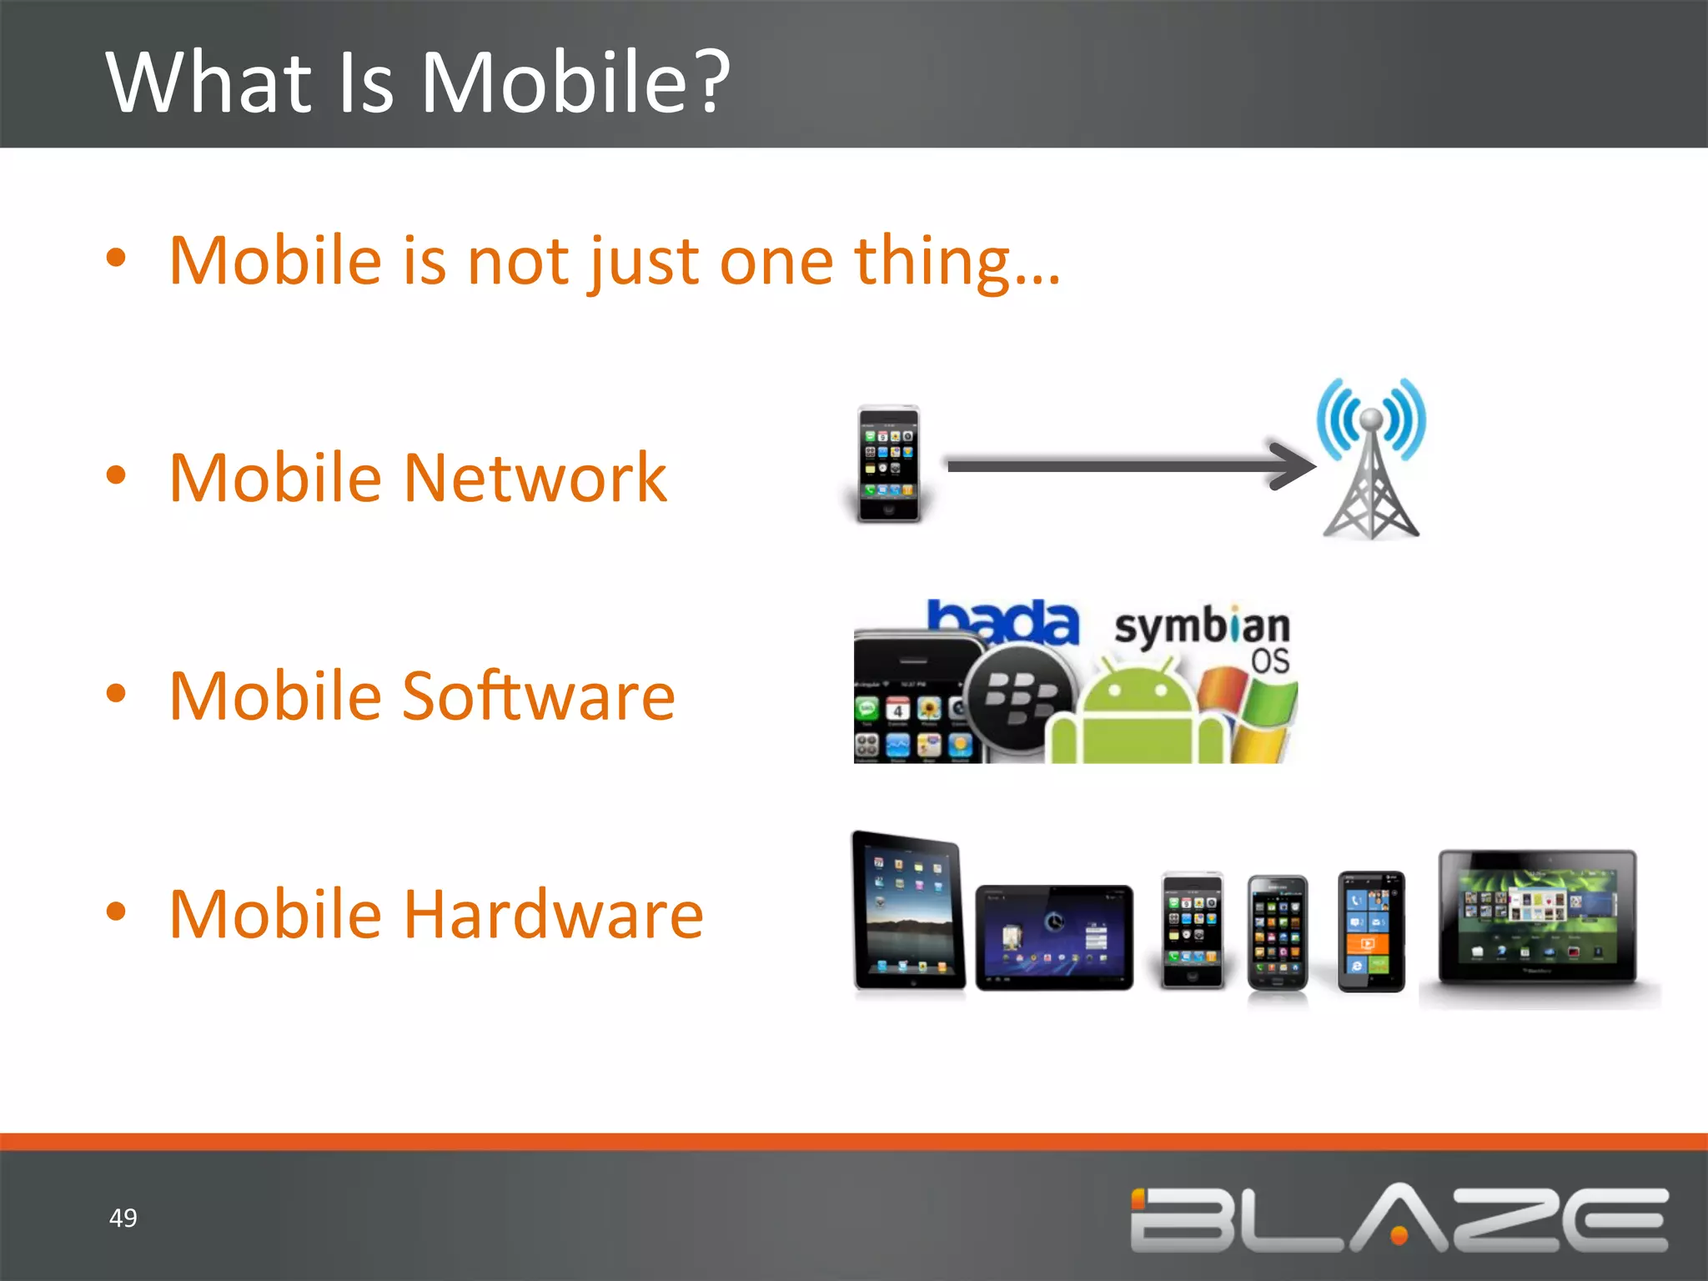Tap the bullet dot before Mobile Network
click(116, 475)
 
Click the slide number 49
click(123, 1218)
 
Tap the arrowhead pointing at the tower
click(1293, 465)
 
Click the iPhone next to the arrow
click(889, 464)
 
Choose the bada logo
click(1004, 621)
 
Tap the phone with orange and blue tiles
click(1370, 932)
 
